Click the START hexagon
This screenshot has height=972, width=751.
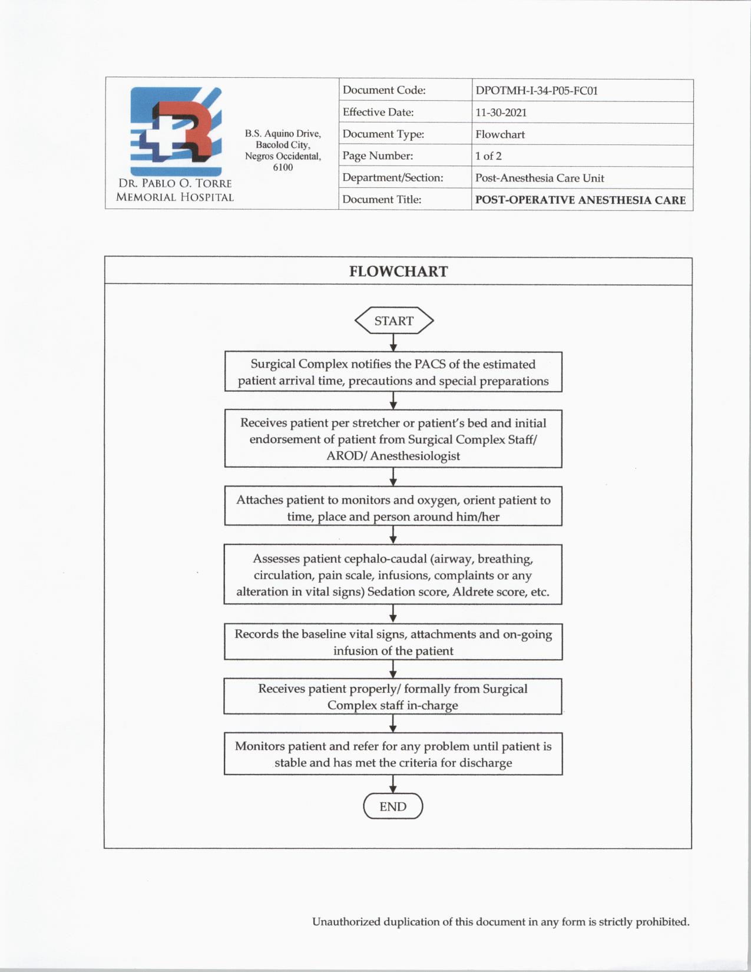point(393,320)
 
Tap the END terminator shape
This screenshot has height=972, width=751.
point(393,806)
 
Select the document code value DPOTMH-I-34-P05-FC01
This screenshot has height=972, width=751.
point(537,91)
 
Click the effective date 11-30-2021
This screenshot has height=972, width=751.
point(501,113)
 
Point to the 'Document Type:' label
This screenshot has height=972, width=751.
point(383,134)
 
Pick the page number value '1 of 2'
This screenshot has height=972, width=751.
point(488,156)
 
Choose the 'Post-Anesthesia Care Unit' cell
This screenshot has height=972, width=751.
point(540,178)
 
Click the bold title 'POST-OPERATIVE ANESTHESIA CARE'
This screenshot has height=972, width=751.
point(580,200)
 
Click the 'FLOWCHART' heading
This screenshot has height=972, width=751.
point(398,272)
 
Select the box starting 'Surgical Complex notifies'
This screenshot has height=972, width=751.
point(393,372)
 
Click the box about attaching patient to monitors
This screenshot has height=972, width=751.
point(393,508)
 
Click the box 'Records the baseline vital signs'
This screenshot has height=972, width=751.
point(393,642)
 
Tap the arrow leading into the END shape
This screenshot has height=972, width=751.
point(393,784)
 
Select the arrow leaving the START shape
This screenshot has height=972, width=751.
point(393,343)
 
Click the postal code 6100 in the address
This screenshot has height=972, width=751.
point(283,167)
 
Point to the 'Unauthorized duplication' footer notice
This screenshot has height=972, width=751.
point(500,922)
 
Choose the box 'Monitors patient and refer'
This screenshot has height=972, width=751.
point(393,754)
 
